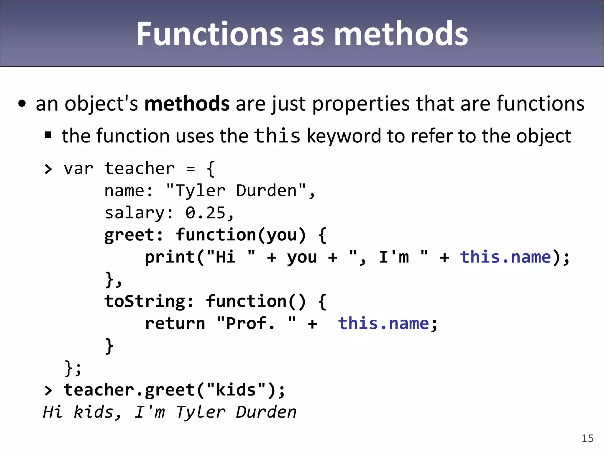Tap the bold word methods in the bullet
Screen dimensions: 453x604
click(187, 104)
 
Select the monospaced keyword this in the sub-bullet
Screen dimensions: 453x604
click(277, 136)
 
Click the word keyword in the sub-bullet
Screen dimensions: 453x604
click(344, 136)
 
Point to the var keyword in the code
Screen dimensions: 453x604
click(78, 169)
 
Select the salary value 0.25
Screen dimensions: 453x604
click(206, 213)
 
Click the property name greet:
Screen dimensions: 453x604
click(133, 235)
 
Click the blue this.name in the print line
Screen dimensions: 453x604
click(505, 257)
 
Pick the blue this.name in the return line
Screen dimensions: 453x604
click(383, 323)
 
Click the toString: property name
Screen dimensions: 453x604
click(149, 301)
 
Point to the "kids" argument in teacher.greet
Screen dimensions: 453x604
click(236, 390)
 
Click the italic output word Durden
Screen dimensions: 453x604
click(266, 412)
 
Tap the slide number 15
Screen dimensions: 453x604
click(587, 438)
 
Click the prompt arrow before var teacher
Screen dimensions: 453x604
click(48, 169)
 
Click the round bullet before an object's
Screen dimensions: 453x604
click(22, 104)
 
